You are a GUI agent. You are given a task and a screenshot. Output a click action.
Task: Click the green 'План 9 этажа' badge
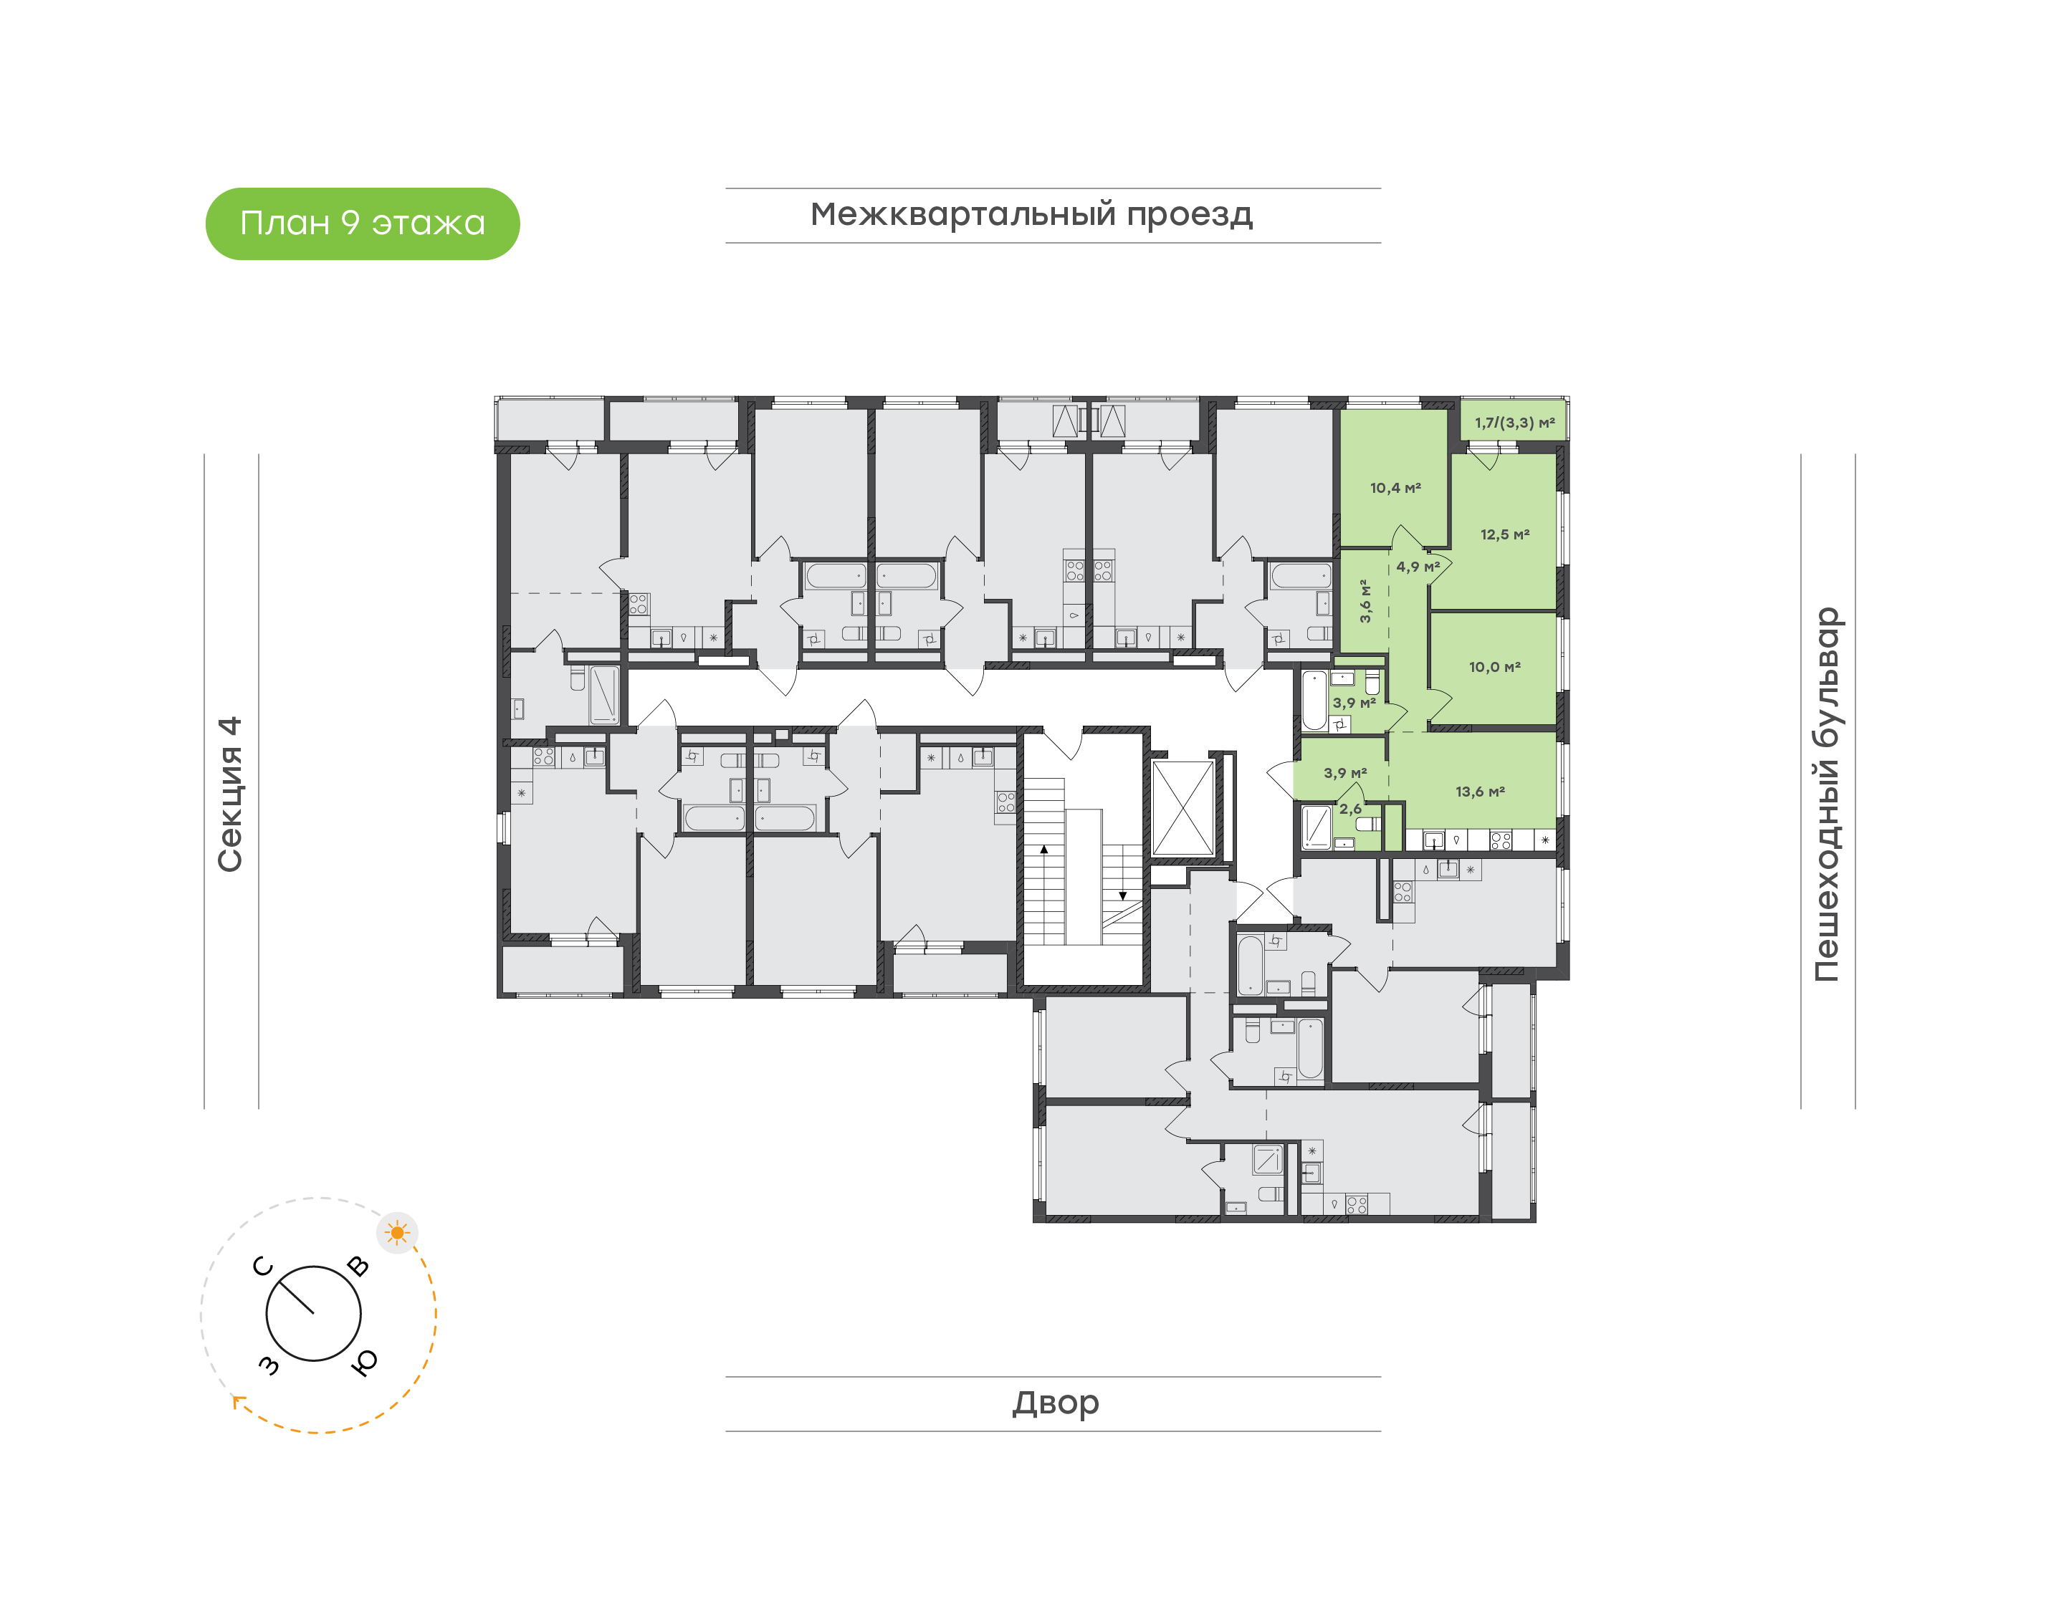[x=362, y=224]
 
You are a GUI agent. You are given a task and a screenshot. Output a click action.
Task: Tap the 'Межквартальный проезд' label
[x=1031, y=215]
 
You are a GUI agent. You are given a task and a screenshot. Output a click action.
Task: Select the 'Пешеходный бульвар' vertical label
[x=1826, y=794]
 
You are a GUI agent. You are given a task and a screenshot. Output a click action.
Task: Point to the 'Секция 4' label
[x=230, y=794]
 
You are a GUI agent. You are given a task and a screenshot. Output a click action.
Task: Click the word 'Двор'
[x=1055, y=1403]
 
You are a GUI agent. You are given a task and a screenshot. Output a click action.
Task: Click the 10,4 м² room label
[x=1395, y=488]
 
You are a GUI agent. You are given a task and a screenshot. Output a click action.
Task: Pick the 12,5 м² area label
[x=1504, y=534]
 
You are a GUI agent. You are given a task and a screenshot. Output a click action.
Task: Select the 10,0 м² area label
[x=1494, y=668]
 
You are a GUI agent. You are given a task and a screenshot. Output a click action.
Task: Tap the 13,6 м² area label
[x=1480, y=792]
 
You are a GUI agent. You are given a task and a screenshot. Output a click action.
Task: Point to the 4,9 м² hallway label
[x=1418, y=567]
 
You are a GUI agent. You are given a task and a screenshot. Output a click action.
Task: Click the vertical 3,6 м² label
[x=1365, y=601]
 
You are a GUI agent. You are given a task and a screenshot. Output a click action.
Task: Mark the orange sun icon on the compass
[x=397, y=1233]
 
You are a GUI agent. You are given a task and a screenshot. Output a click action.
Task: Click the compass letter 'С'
[x=262, y=1267]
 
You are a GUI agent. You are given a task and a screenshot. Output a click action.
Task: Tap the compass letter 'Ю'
[x=364, y=1362]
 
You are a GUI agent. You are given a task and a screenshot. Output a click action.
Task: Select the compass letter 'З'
[x=269, y=1365]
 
